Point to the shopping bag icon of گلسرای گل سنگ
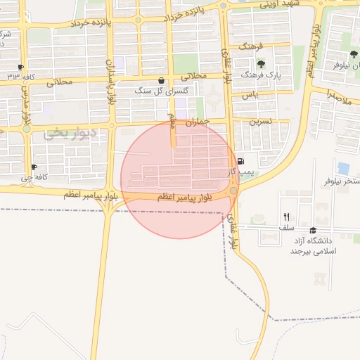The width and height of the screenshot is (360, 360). click(x=162, y=80)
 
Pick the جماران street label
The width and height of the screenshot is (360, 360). click(x=198, y=122)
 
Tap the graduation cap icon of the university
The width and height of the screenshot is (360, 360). click(x=313, y=230)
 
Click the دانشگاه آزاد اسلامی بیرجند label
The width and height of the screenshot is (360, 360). click(x=314, y=245)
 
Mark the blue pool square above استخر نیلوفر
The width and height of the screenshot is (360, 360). click(x=343, y=168)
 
